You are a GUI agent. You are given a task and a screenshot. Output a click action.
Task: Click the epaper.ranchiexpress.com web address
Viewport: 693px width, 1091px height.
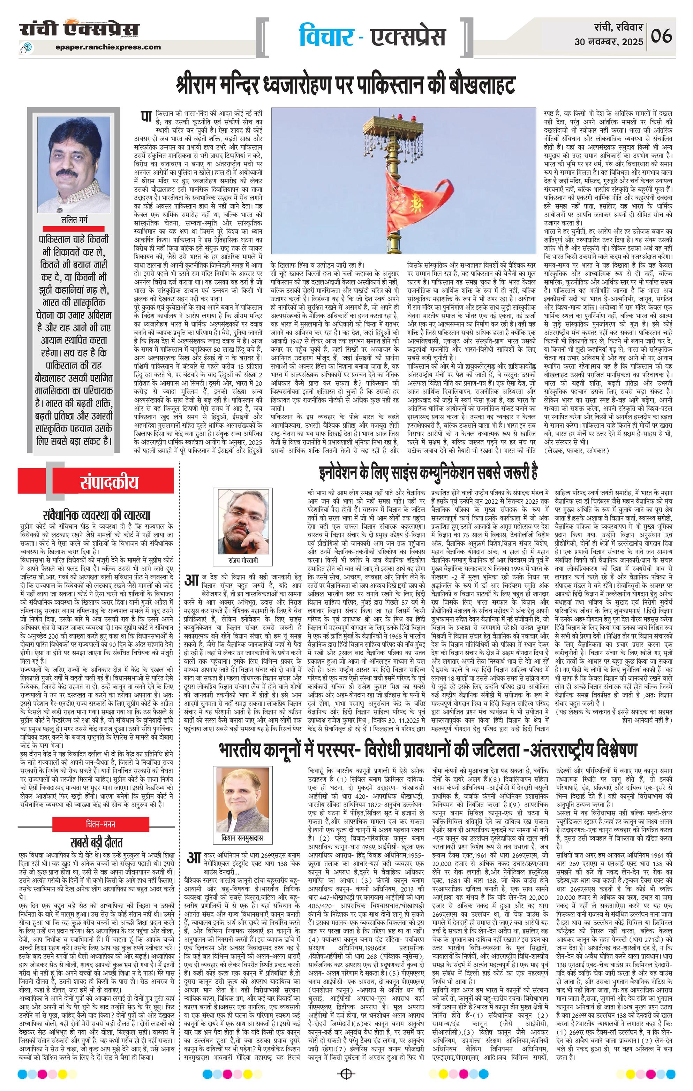[109, 47]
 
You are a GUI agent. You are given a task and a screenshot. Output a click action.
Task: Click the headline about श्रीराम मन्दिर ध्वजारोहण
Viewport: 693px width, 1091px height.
[346, 85]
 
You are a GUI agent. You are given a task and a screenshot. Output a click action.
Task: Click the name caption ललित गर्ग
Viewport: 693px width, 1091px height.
[75, 220]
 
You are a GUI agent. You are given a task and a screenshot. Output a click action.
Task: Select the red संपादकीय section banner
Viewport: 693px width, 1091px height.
[109, 482]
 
